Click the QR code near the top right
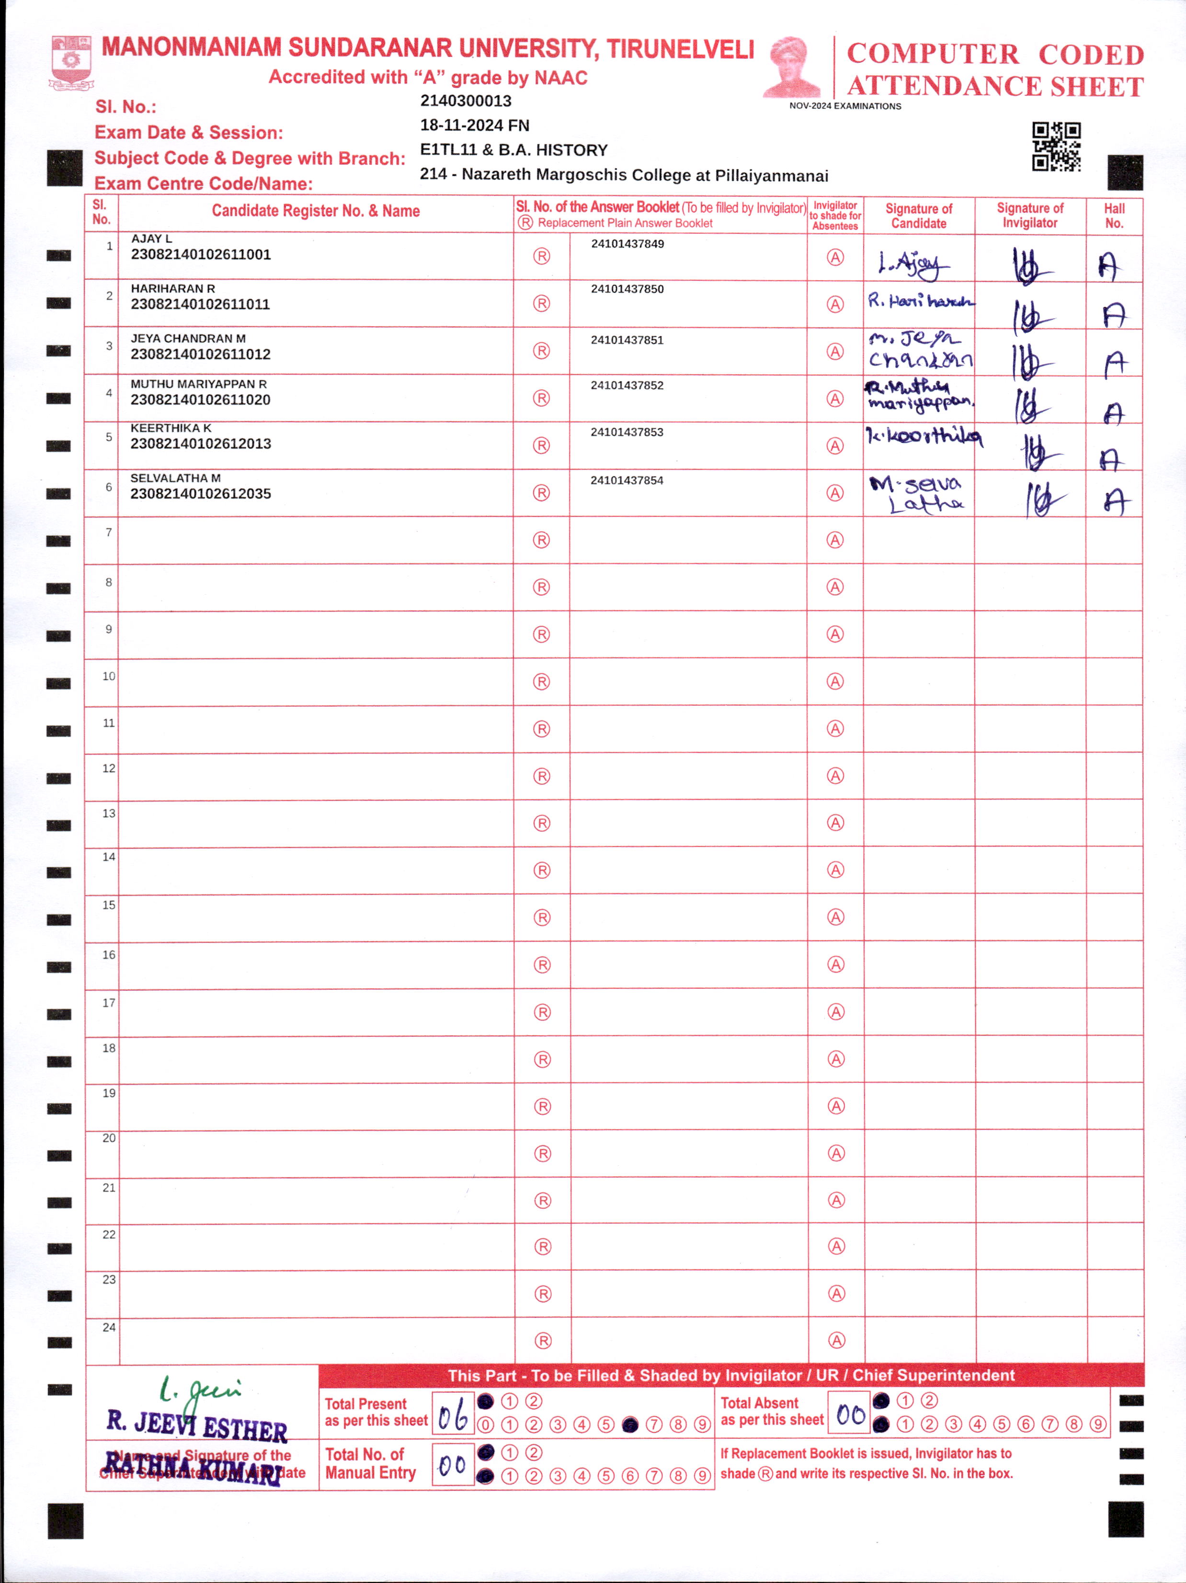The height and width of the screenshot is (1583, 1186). (1056, 146)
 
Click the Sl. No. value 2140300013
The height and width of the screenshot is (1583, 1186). (466, 101)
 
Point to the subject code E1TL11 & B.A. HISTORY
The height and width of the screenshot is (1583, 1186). (513, 150)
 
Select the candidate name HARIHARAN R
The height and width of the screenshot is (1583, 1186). (172, 288)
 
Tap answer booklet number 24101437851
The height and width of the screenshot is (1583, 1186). (627, 340)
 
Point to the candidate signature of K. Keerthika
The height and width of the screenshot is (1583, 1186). (923, 436)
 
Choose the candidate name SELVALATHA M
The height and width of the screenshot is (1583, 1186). (175, 478)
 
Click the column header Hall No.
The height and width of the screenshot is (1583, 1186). (1114, 216)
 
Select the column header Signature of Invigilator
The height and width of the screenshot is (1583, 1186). (1029, 216)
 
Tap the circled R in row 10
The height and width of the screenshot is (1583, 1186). (541, 681)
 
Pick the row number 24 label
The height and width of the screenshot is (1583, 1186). (109, 1328)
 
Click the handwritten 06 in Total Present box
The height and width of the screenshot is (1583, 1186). (453, 1415)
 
